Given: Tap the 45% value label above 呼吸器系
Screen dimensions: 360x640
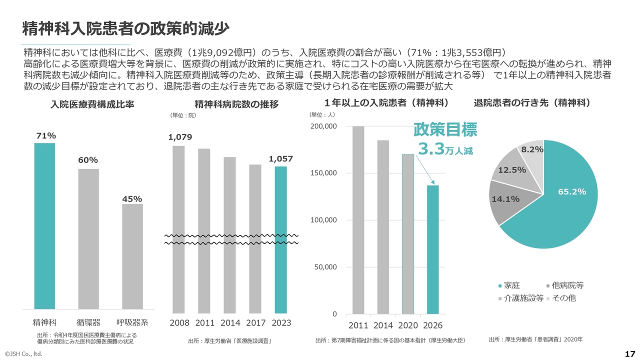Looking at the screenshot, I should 132,199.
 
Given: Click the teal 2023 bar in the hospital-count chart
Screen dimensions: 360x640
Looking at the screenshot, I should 281,240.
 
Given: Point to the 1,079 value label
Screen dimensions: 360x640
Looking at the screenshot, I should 180,137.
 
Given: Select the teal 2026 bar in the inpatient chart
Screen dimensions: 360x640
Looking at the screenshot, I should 433,249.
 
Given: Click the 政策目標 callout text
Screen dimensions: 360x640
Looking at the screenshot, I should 445,130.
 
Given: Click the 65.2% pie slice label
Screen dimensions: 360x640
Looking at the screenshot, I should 572,191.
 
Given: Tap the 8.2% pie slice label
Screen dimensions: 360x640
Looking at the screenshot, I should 532,149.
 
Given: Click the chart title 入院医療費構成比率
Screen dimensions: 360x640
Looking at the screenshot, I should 92,104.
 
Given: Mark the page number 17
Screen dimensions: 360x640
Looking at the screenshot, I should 629,354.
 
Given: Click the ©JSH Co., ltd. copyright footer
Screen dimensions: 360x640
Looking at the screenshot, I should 23,354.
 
